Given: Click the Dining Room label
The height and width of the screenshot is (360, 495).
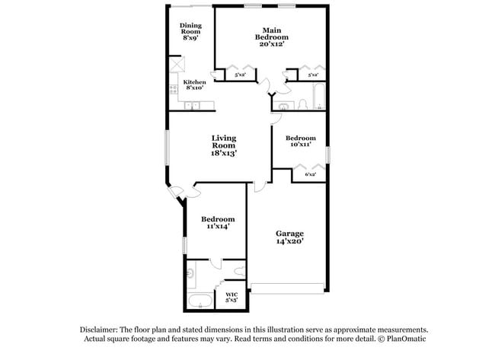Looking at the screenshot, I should (x=190, y=28).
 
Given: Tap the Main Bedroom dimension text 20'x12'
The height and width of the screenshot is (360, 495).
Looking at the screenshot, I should (x=271, y=44).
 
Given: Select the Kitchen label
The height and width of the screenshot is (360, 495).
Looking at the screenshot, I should (x=194, y=81).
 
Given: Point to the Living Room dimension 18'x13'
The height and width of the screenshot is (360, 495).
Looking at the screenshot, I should (x=224, y=153).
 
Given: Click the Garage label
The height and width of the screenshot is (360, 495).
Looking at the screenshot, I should (x=289, y=233).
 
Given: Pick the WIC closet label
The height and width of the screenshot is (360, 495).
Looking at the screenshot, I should (x=232, y=295).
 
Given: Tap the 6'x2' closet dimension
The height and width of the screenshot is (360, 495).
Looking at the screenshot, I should (x=310, y=175).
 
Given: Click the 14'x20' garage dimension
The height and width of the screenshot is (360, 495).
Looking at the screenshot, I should (x=289, y=241).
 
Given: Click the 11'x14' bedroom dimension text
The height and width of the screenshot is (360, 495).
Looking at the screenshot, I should (x=216, y=226).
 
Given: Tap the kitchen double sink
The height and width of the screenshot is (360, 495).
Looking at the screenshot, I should (x=193, y=106).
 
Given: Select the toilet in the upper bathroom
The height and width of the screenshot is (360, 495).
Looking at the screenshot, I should (x=302, y=104).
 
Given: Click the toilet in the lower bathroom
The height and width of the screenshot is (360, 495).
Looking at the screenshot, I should (x=240, y=271).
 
